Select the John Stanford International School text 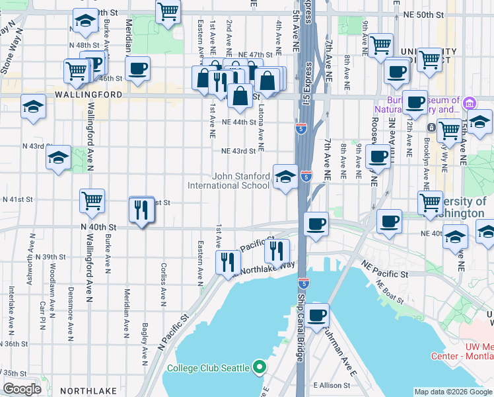(x=241, y=181)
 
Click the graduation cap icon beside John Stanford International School (x=285, y=177)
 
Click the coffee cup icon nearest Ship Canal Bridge (x=317, y=314)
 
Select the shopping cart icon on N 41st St (x=92, y=200)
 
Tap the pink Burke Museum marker (x=470, y=103)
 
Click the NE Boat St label (x=389, y=291)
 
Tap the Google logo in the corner (x=22, y=389)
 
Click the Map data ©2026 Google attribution (x=452, y=392)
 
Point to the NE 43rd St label (x=238, y=151)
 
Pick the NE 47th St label (x=256, y=55)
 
